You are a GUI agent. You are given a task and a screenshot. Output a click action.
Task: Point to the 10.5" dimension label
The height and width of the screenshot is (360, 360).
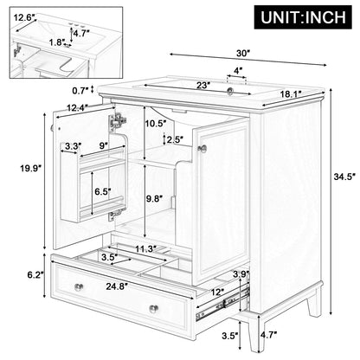click(x=157, y=122)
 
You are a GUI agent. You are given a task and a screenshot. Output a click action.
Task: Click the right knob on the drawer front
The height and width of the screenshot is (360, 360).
click(x=152, y=308)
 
